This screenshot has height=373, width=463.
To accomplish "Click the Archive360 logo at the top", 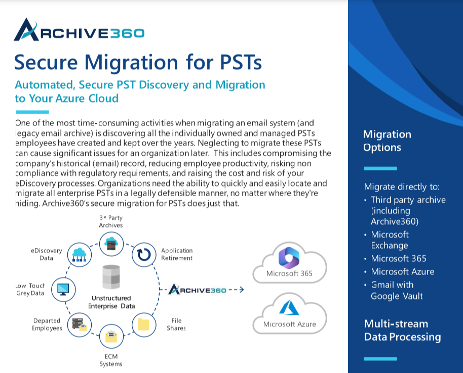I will [x=79, y=31].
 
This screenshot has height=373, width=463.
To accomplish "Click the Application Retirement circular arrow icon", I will [x=143, y=254].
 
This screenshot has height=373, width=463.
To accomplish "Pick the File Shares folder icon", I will [x=143, y=323].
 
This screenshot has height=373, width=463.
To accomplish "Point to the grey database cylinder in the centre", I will [x=110, y=276].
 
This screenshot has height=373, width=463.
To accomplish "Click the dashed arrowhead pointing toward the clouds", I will [x=241, y=290].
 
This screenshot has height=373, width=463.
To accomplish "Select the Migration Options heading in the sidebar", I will [x=387, y=141].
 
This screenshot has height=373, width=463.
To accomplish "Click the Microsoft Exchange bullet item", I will [x=390, y=240].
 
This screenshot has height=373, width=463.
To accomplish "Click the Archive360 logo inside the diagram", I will [x=198, y=290].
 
